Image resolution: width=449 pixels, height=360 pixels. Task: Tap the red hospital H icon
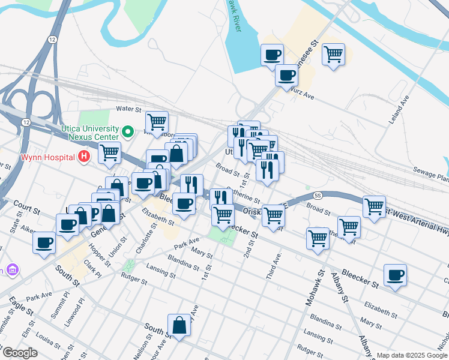tap(85, 157)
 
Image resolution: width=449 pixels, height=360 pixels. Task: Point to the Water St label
tap(128, 109)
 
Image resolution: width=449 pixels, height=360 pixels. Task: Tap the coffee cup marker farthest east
tap(395, 275)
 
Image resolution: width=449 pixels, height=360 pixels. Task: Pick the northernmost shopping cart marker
tap(333, 55)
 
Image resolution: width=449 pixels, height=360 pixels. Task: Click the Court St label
tap(27, 211)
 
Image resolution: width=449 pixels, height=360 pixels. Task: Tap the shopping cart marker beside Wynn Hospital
tap(109, 153)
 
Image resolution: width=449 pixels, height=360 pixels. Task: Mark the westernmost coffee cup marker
tap(44, 244)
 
